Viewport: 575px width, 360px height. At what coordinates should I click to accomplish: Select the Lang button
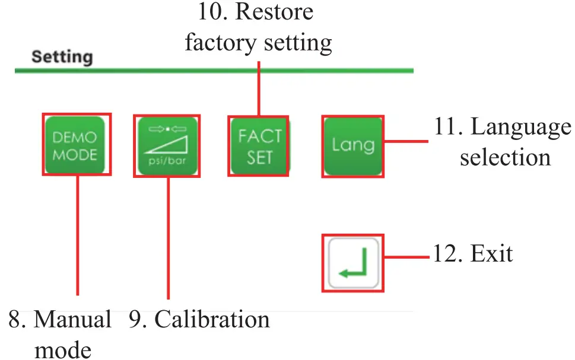tap(352, 146)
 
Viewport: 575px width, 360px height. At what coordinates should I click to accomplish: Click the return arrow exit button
tap(353, 263)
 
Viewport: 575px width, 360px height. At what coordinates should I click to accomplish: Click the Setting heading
tap(62, 57)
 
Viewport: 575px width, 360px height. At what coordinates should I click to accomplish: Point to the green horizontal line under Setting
tap(214, 71)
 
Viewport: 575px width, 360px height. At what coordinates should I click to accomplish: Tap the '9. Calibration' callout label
tap(199, 320)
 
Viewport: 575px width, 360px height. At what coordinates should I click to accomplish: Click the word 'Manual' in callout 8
tap(73, 320)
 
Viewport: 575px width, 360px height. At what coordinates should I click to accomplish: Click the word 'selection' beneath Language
tap(505, 158)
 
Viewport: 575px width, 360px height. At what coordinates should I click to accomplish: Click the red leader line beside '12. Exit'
tap(406, 257)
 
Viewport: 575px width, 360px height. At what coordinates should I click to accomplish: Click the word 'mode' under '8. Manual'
tap(63, 350)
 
